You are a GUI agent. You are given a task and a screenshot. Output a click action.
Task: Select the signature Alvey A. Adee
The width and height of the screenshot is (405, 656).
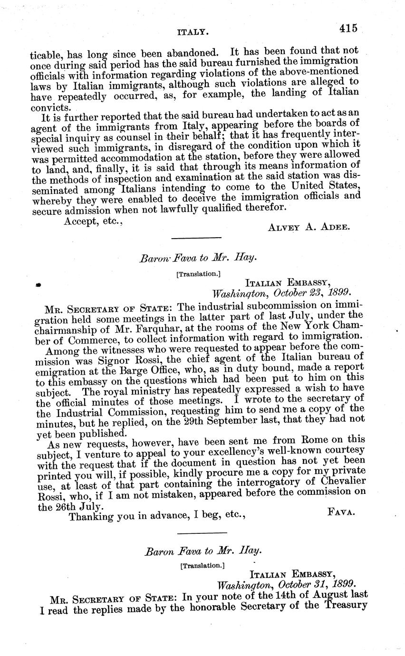click(309, 227)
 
